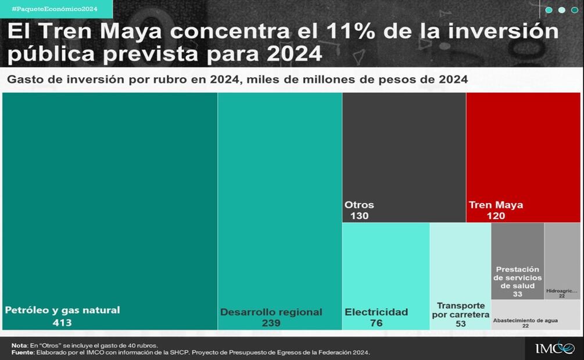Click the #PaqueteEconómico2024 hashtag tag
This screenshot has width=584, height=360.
[54, 9]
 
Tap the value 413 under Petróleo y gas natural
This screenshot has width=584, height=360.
[62, 323]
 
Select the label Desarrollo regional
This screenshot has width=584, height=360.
[271, 312]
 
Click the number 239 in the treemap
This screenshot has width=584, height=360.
[271, 323]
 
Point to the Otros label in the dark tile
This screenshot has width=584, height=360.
[359, 205]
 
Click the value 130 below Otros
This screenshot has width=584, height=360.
[359, 216]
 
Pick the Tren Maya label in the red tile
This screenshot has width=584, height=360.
[496, 205]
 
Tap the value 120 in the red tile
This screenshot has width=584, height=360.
[496, 216]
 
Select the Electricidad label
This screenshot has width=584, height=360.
[376, 312]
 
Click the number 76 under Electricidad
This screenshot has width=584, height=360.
[377, 323]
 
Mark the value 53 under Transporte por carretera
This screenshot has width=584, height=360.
[460, 324]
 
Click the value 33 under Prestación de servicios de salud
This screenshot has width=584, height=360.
[517, 294]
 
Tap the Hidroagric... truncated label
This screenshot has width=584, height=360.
[562, 290]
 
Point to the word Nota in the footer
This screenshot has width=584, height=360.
[19, 345]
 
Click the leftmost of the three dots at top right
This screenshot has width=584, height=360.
[549, 10]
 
